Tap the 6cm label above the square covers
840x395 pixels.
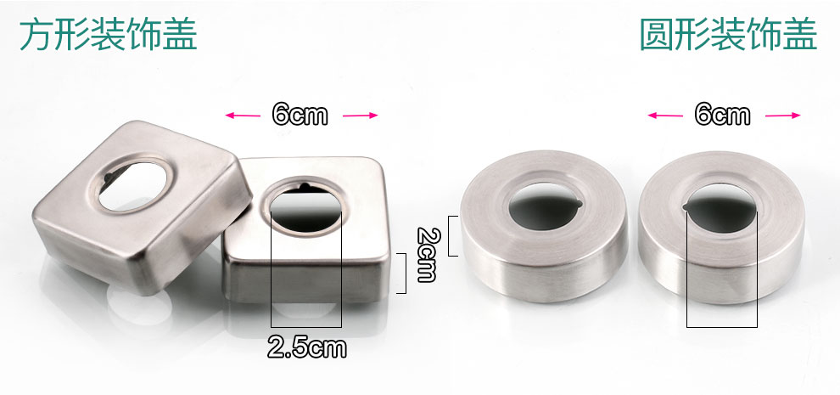[x=300, y=115]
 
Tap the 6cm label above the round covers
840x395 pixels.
[x=722, y=115]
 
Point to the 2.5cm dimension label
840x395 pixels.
[x=307, y=347]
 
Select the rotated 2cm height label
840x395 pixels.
[x=427, y=254]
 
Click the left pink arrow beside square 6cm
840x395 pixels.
[x=244, y=115]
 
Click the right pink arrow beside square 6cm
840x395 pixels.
[x=360, y=115]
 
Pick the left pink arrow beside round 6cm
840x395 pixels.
[x=665, y=115]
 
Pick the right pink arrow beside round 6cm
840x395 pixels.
[x=782, y=115]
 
